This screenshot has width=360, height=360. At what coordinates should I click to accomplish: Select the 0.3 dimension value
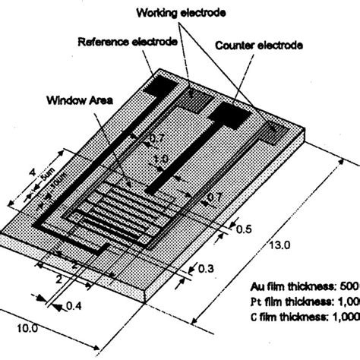coord(205,269)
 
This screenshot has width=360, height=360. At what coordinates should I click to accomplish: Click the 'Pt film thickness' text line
coord(304,301)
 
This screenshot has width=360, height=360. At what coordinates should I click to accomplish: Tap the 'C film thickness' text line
coord(304,315)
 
